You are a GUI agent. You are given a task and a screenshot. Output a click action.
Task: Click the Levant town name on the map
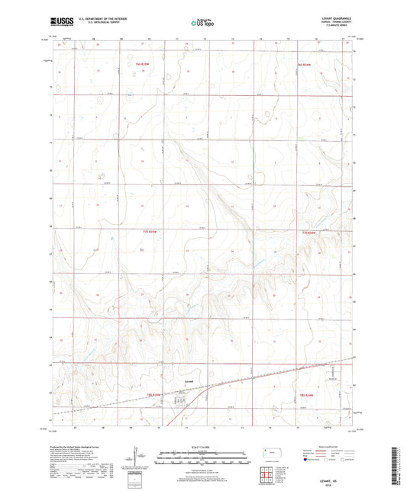pyautogui.click(x=190, y=380)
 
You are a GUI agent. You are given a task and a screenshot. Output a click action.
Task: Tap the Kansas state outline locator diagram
pyautogui.click(x=270, y=452)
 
